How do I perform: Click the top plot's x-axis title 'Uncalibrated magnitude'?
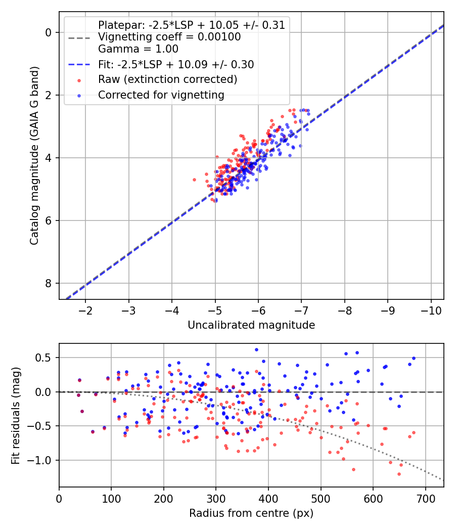pos(251,325)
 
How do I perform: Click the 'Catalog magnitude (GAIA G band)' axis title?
pos(34,155)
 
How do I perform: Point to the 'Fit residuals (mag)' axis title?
pos(16,416)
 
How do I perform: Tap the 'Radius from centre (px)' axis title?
pos(251,513)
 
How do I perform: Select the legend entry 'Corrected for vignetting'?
pos(161,95)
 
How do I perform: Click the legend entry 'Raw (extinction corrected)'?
pos(167,79)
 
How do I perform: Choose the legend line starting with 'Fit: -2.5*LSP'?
pos(176,64)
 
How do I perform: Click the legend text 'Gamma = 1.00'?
pos(138,49)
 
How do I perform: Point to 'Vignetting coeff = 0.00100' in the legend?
pos(169,37)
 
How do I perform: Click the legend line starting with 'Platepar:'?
pos(192,25)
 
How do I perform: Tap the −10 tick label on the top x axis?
pos(431,311)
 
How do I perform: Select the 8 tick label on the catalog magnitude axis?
pos(49,283)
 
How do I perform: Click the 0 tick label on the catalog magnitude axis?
pos(49,32)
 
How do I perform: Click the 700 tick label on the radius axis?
pos(426,499)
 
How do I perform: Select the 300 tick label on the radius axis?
pos(216,499)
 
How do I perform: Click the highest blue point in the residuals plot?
pos(257,350)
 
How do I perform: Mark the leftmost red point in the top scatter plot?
pos(194,180)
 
